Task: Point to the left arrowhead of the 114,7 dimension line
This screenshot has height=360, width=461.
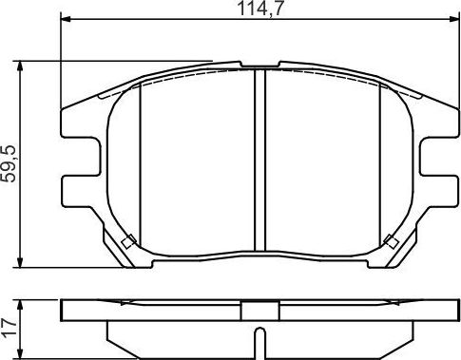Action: (66, 21)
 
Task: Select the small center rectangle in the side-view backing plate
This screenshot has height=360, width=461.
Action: (259, 311)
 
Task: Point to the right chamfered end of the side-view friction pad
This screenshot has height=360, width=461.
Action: (406, 330)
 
